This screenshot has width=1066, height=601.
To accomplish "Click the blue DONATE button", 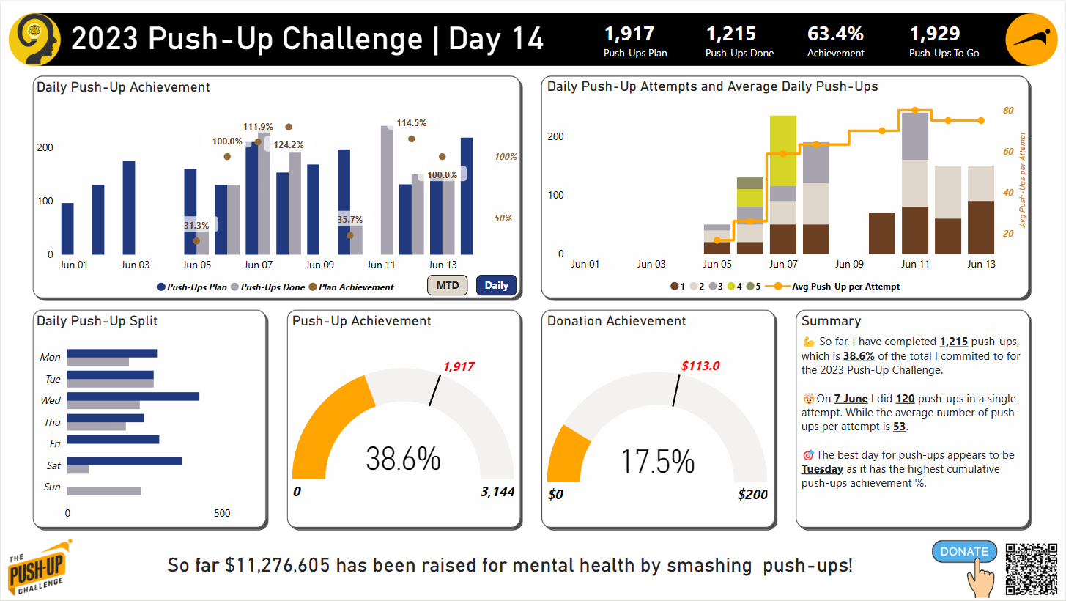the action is (964, 551).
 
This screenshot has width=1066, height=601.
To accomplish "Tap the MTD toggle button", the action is (448, 285).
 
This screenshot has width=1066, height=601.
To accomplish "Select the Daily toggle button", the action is (496, 285).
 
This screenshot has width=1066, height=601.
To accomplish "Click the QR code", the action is (1032, 569).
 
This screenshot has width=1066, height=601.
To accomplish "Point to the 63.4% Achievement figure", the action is (835, 34).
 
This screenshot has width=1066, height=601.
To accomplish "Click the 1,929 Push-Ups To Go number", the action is (935, 34).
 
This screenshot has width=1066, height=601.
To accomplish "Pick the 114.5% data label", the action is (411, 123).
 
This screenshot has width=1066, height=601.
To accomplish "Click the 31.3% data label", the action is (196, 225).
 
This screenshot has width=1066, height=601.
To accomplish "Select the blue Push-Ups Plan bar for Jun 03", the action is (129, 207).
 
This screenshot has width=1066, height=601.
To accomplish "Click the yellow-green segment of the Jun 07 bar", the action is (783, 151).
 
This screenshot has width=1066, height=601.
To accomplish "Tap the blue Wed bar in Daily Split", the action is (133, 397).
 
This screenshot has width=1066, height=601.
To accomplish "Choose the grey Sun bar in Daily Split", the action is (104, 491).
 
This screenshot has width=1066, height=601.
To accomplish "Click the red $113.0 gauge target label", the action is (700, 366).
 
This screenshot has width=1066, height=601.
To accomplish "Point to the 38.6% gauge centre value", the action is (403, 459).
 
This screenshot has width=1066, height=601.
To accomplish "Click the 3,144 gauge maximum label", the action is (497, 492).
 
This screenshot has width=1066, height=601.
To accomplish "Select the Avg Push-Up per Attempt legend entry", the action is (833, 287).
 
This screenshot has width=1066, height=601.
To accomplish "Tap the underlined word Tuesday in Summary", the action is (822, 469).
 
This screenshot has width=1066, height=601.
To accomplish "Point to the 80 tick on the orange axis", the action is (1008, 111).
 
